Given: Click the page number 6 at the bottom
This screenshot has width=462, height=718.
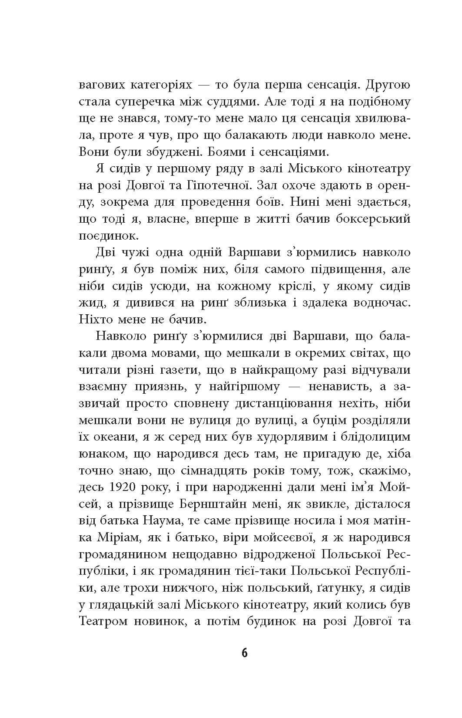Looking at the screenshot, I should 244,652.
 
